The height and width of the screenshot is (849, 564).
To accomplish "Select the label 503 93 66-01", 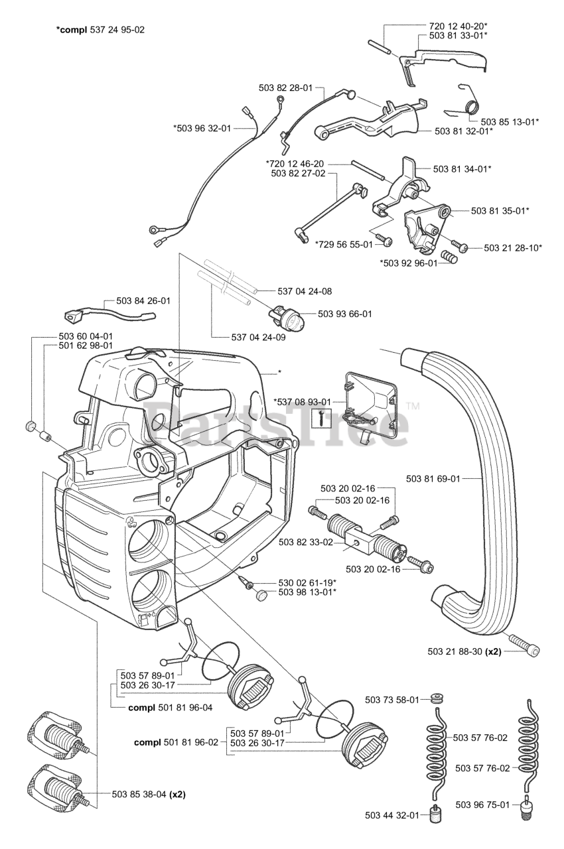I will (x=345, y=314).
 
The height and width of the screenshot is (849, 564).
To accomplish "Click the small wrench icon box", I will (x=320, y=417).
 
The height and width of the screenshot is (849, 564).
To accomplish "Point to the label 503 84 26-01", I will (x=143, y=300).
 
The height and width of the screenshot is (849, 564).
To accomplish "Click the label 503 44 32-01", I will (x=391, y=815).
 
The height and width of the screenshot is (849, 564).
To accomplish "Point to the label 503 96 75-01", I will (x=483, y=805).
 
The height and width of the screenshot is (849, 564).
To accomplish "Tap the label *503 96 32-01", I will (x=202, y=128).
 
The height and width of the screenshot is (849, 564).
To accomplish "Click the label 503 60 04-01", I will (x=86, y=336).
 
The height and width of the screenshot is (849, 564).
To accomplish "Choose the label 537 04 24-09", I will (x=250, y=336).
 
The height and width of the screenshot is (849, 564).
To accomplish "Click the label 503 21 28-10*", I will (x=513, y=247).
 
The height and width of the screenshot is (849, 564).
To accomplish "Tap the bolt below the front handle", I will (x=524, y=643).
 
